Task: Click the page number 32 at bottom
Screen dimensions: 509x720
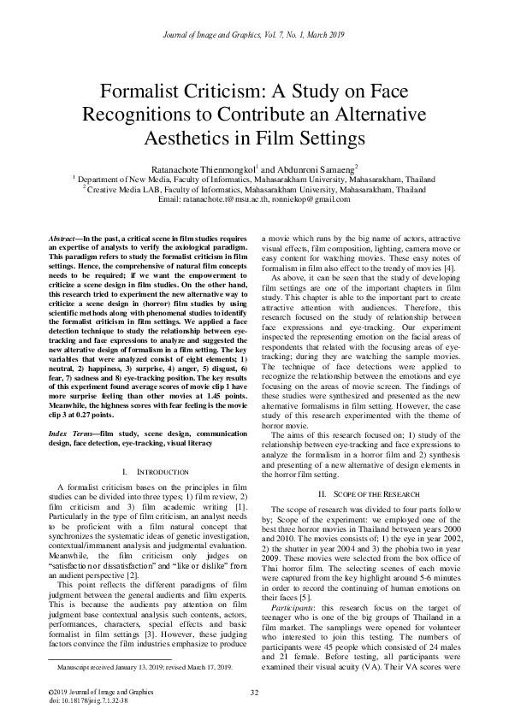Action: pyautogui.click(x=254, y=692)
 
